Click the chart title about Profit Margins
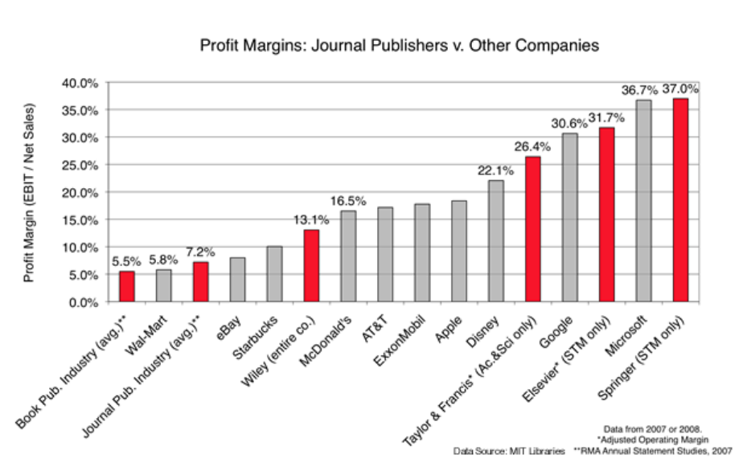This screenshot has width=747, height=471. point(399,46)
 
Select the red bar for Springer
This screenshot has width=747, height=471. point(680,200)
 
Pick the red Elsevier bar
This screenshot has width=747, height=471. point(606,215)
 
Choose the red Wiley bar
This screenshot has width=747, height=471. point(311,266)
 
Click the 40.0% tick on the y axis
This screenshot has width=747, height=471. point(80,83)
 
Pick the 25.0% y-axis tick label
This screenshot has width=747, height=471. point(80,165)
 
